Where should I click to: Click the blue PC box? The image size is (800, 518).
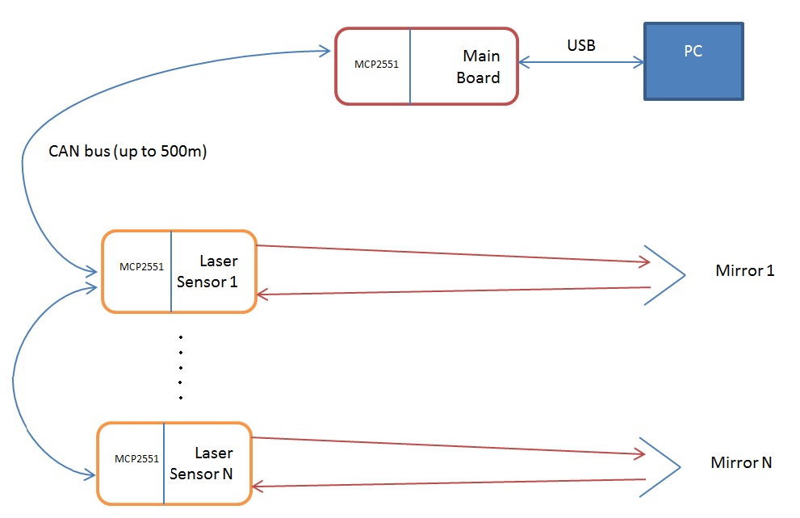pos(693,61)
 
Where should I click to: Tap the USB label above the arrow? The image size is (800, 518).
pos(580,46)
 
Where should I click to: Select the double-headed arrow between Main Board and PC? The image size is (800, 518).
pos(580,62)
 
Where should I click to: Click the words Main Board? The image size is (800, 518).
pos(480,67)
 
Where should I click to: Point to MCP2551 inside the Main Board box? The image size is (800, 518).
pos(376,64)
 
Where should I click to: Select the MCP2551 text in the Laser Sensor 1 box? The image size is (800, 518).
pos(141,266)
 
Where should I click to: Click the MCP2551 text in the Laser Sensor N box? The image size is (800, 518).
pos(136,458)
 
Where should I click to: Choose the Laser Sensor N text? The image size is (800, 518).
pos(207,464)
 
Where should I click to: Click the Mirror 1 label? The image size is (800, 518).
pos(744,270)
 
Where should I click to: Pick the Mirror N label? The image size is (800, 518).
pos(740,462)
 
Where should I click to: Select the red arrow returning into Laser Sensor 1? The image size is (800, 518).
pos(452,291)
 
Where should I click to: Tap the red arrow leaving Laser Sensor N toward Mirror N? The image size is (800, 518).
pos(448,446)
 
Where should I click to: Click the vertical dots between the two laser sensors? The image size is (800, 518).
pos(181,367)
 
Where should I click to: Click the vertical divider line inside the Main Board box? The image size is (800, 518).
pos(409,66)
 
